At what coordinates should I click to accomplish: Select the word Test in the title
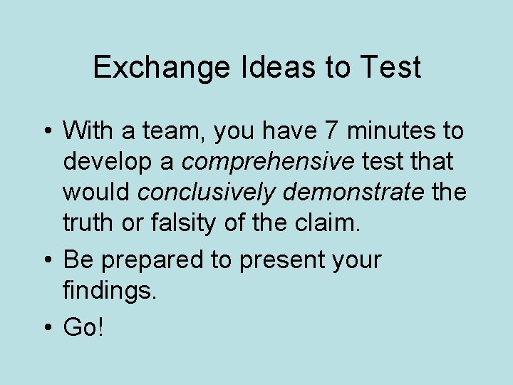point(390,68)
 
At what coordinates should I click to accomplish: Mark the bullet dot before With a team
point(46,132)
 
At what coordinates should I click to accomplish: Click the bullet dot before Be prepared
point(46,260)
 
